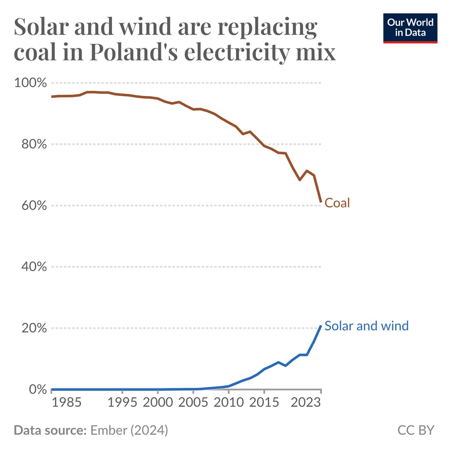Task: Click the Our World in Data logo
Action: tap(410, 28)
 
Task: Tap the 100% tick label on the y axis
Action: tap(31, 83)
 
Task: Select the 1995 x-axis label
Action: tap(122, 403)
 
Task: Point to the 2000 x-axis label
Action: tap(158, 403)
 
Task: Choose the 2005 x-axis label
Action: tap(193, 403)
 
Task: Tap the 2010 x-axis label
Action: tap(228, 403)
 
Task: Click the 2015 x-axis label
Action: tap(264, 403)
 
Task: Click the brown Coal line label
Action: tap(337, 203)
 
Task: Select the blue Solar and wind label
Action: tap(366, 326)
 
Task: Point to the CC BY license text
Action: tap(415, 430)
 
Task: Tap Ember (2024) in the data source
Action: tap(129, 430)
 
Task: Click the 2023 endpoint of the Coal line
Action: tap(321, 202)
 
